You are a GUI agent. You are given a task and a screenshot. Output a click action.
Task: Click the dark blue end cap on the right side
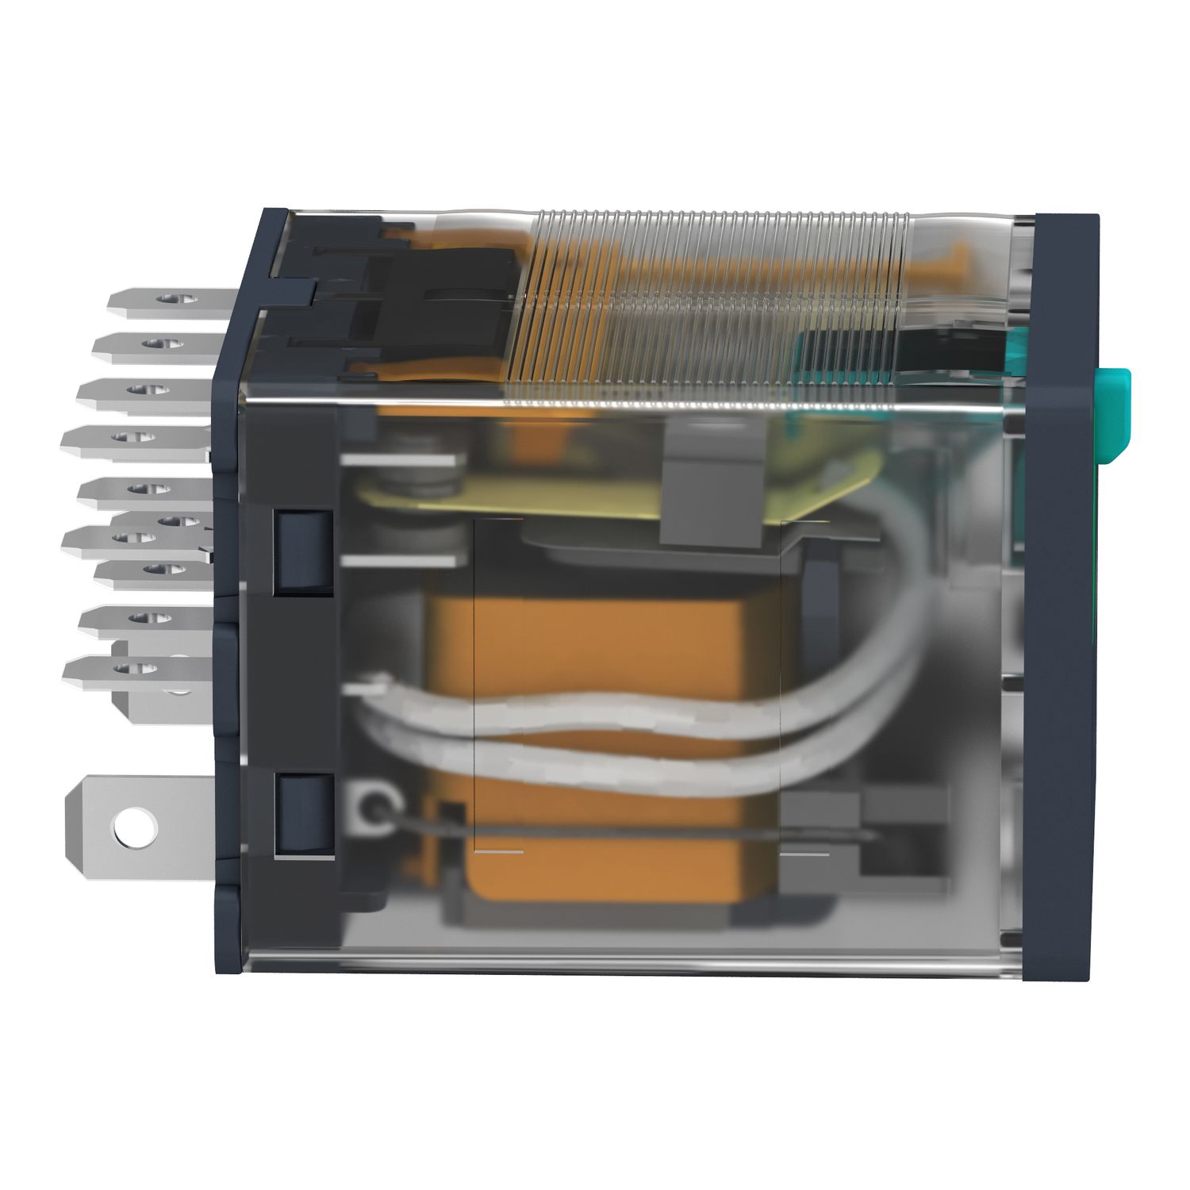coord(1059,595)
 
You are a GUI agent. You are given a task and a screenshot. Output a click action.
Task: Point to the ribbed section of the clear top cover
coord(714,301)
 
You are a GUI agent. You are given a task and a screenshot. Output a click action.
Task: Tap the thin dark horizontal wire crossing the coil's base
coord(635,831)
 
